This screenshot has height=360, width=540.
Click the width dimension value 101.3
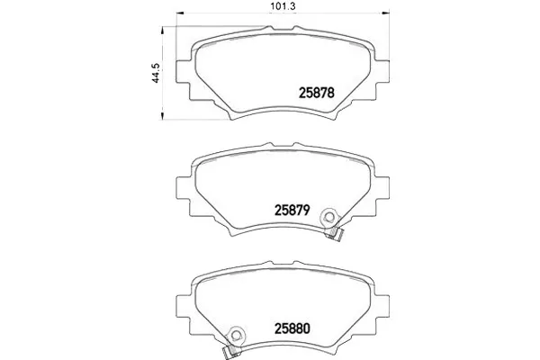coord(283,6)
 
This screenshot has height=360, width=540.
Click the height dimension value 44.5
coord(156,73)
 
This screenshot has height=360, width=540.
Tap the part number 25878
coord(317,93)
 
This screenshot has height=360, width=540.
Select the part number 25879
coord(292,210)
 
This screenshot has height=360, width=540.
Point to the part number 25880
coord(292,328)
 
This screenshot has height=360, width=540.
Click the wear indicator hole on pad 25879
coord(328,217)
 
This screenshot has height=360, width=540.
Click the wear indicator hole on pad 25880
coord(236,336)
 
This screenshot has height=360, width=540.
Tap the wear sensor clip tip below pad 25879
coord(335,234)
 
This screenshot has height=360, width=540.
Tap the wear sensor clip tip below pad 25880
coord(230,352)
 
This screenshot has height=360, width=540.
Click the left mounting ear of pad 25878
coord(184,72)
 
